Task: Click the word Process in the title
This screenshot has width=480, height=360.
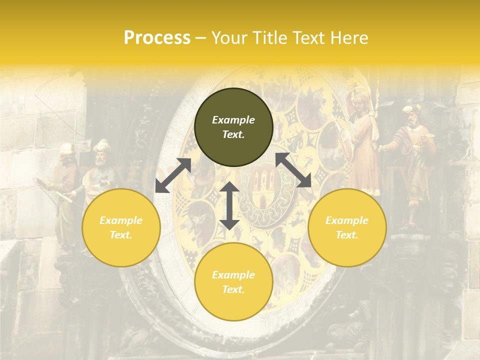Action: [x=157, y=38]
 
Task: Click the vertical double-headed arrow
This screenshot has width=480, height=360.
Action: [x=229, y=206]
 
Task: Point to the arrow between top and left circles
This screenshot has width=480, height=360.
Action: [x=173, y=175]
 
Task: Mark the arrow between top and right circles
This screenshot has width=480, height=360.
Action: [x=293, y=170]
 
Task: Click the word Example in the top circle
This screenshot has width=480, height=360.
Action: [x=233, y=120]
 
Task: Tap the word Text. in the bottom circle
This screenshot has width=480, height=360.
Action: [x=233, y=289]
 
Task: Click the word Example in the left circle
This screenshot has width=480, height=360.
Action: [x=121, y=220]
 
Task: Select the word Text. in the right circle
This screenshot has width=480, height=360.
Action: [x=347, y=235]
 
